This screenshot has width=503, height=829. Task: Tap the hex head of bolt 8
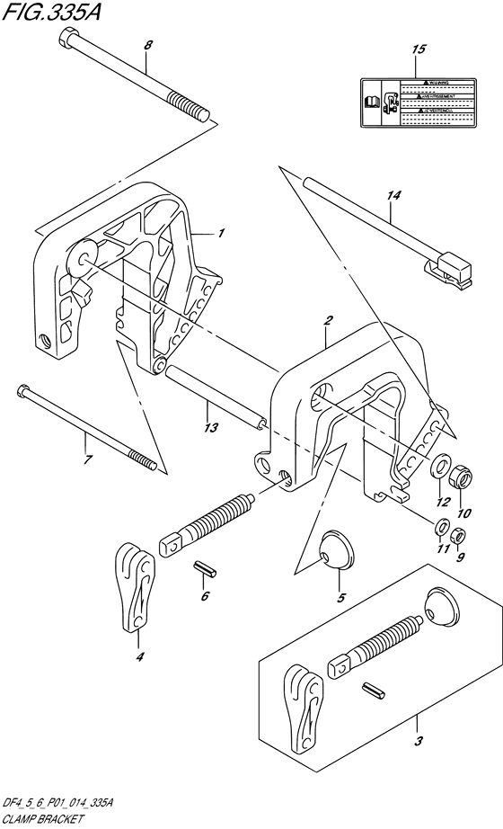(x=69, y=39)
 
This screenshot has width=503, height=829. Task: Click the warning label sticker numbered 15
(x=417, y=101)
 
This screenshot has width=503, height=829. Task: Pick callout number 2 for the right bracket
(x=329, y=320)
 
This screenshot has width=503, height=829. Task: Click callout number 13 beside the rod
(x=211, y=428)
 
